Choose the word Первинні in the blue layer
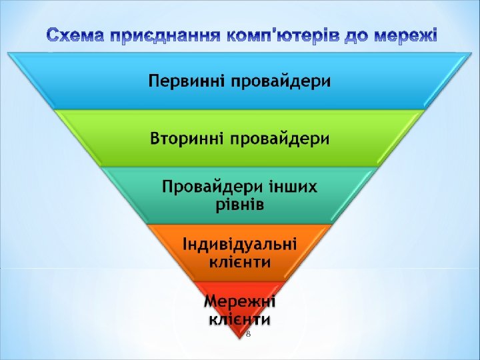coord(186,82)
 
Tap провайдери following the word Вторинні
coord(281,139)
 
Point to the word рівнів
coord(240,204)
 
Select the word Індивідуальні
coord(240,243)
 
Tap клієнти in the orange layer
coord(240,261)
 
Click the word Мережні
coord(240,302)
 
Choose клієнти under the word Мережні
coord(240,319)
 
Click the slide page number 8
coord(248,333)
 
